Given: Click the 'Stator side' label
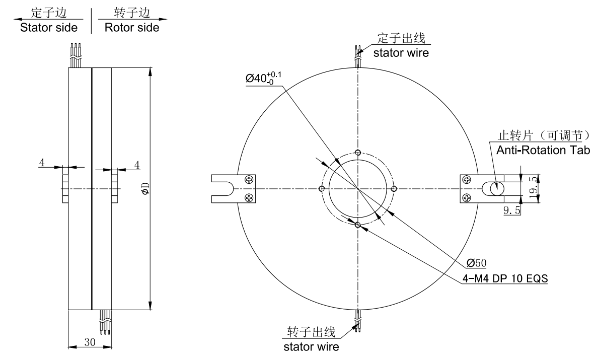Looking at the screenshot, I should click(49, 28).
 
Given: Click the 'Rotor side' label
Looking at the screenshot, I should click(132, 28).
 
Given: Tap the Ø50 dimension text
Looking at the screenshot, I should click(477, 262).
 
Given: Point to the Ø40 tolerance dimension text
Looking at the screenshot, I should click(264, 79).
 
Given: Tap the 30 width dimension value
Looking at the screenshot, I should click(90, 342).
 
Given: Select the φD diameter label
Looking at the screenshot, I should click(145, 189).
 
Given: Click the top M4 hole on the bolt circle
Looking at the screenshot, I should click(357, 153).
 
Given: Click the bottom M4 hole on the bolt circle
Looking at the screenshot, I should click(357, 225).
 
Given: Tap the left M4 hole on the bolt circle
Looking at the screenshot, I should click(321, 189).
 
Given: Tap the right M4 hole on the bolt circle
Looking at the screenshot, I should click(394, 189).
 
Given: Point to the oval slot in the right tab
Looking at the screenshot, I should click(494, 189).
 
